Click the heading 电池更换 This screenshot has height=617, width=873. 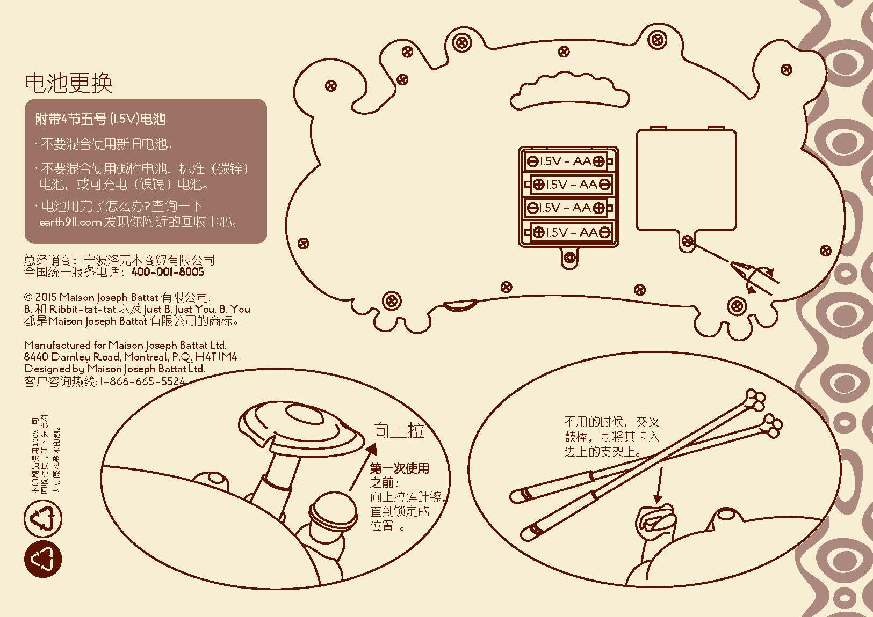pos(69,83)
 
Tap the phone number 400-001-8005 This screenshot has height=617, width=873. pos(168,272)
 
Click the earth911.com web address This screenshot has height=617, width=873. pos(70,223)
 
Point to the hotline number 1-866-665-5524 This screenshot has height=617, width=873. pos(143,381)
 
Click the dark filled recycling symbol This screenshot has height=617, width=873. pos(43,559)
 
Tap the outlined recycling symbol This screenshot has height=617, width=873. pos(43,519)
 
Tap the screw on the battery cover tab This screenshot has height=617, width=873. pos(686,241)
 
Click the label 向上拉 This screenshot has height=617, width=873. pos(399,431)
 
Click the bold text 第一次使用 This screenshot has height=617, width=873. pos(400,468)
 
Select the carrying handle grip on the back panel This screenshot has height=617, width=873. pos(569,91)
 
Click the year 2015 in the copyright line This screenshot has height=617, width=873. pos(46,297)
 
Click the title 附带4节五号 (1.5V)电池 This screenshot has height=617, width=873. pos(100,119)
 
